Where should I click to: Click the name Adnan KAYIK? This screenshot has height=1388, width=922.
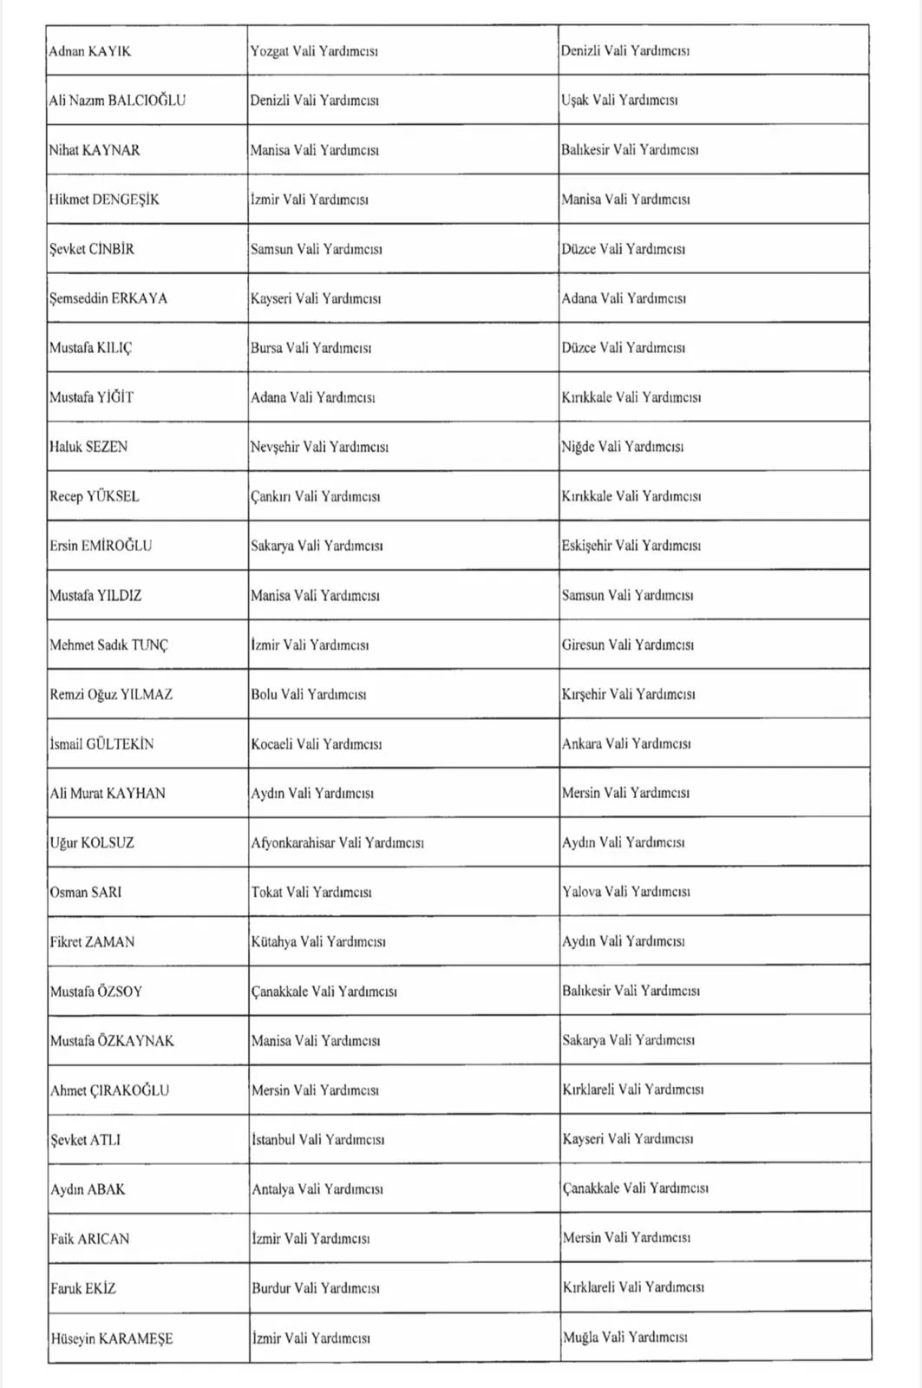[90, 51]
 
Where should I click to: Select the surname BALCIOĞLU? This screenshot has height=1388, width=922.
[147, 101]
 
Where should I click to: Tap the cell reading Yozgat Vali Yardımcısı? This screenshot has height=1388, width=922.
[314, 51]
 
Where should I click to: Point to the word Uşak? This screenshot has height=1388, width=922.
[574, 101]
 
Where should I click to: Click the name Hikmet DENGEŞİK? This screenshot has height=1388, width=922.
[104, 200]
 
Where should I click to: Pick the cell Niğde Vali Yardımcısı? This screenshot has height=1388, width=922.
[622, 447]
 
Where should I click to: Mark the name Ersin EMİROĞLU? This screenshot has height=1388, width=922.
[101, 546]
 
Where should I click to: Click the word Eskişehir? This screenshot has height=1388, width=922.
[586, 546]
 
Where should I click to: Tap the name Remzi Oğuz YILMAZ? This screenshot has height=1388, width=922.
[111, 694]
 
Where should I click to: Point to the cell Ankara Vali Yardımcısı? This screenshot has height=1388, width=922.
[626, 743]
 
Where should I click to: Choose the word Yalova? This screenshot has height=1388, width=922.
[581, 892]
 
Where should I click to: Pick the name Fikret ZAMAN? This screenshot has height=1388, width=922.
[92, 942]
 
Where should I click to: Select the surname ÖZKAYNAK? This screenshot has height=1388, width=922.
[136, 1041]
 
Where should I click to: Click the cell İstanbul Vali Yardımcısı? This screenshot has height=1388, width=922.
[317, 1140]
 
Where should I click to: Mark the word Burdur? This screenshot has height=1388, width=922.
[271, 1288]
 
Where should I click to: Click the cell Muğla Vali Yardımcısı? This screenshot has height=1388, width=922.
[624, 1338]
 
